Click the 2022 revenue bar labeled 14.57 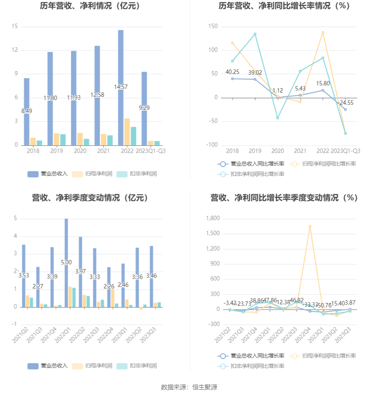pyautogui.click(x=121, y=87)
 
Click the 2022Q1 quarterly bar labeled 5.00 pyautogui.click(x=66, y=262)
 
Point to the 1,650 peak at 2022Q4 pyautogui.click(x=310, y=226)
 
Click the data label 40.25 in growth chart pyautogui.click(x=232, y=72)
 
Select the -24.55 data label pyautogui.click(x=345, y=102)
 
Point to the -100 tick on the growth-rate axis pyautogui.click(x=212, y=145)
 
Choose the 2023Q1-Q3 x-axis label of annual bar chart pyautogui.click(x=151, y=151)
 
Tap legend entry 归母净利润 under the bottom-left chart pyautogui.click(x=93, y=366)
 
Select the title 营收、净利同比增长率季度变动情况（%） pyautogui.click(x=284, y=198)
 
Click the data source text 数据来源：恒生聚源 pyautogui.click(x=189, y=387)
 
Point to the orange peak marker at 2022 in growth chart pyautogui.click(x=323, y=33)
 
